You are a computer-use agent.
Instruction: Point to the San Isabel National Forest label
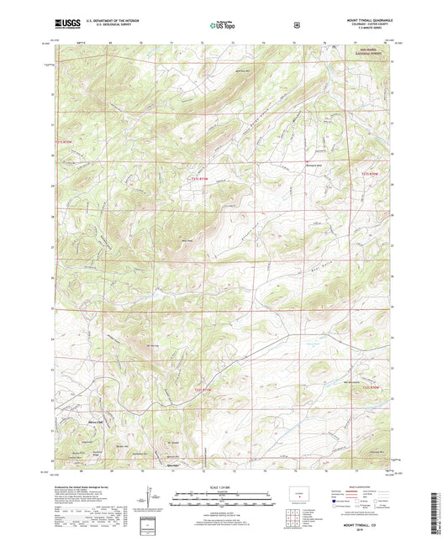pyautogui.click(x=372, y=71)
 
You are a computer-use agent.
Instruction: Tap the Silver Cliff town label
pyautogui.click(x=95, y=421)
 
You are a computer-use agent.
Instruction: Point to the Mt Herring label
pyautogui.click(x=153, y=344)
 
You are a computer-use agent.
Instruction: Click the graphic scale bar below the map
pyautogui.click(x=224, y=500)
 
